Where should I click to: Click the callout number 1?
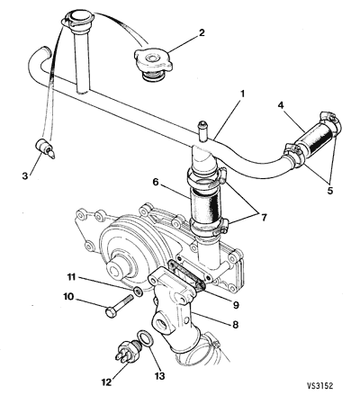pos(242,94)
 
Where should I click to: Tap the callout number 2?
pos(202,32)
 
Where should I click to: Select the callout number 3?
pos(25,176)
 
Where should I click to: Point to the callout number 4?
pos(281,105)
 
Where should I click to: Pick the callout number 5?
pos(330,191)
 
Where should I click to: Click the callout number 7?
pos(264,218)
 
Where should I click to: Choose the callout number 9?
pos(236,305)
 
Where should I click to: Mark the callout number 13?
pos(160,376)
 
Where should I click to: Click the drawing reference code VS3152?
pos(319,386)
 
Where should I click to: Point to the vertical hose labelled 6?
pos(205,207)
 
